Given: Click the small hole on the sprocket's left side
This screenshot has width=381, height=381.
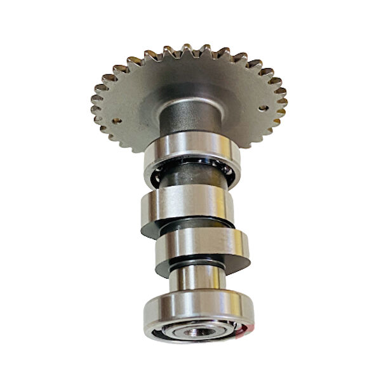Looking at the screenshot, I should tap(117, 119).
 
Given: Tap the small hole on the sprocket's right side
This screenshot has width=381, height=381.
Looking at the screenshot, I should tap(262, 108).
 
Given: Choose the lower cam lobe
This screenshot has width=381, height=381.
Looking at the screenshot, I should tap(202, 244).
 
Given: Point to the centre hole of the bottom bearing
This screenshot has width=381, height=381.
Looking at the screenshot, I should tap(199, 331).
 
